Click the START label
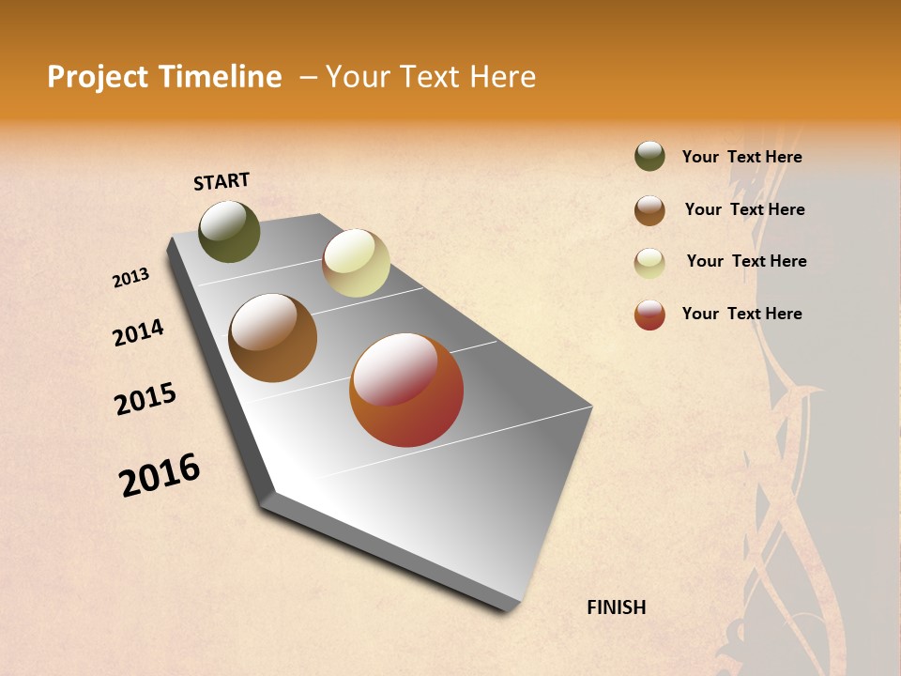pos(221,181)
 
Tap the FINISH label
pos(616,607)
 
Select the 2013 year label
pos(130,278)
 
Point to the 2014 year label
pos(138,332)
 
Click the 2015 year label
pos(145,399)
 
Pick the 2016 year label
pos(160,474)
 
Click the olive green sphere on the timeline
pos(229,232)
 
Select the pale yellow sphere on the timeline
pos(356,263)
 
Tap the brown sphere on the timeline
pos(272,338)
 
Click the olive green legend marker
pos(649,157)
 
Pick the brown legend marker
pos(649,210)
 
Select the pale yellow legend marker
pos(649,262)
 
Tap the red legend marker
pos(649,315)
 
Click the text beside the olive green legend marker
pos(741,157)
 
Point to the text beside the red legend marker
pos(741,314)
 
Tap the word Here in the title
pos(502,77)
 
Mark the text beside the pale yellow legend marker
pos(746,261)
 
